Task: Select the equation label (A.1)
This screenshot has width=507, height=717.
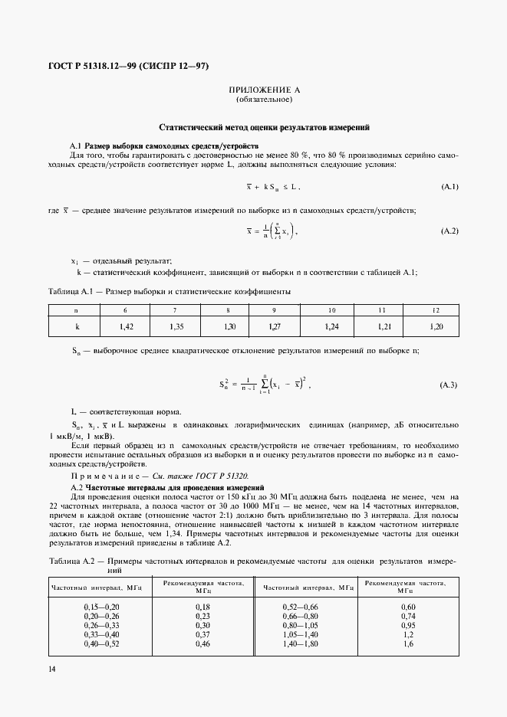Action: [x=449, y=187]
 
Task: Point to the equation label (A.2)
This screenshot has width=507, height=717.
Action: [x=449, y=231]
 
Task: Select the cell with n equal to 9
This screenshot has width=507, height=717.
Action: [x=273, y=310]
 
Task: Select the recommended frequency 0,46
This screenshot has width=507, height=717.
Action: [x=202, y=643]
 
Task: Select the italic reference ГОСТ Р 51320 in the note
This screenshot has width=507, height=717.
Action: [x=222, y=475]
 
